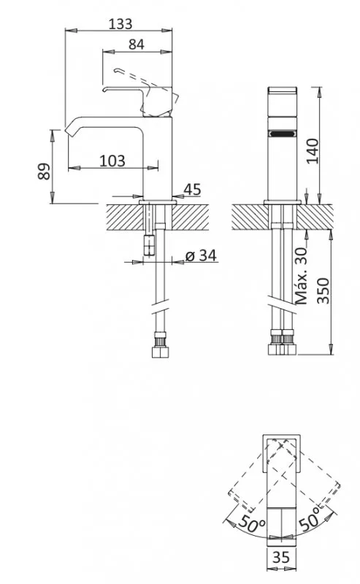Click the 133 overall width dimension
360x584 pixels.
120,24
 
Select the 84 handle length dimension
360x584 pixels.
136,45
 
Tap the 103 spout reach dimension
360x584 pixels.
112,161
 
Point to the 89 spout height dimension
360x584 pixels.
44,171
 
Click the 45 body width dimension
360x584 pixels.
192,189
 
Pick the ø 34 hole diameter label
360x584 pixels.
201,255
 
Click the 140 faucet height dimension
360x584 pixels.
313,151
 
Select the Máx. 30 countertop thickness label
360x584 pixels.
301,276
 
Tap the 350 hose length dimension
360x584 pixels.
323,291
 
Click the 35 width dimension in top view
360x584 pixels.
280,557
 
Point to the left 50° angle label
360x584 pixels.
251,524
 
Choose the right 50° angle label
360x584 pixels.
310,518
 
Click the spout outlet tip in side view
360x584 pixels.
68,131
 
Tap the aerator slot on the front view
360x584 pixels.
282,133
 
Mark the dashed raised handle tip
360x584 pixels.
116,70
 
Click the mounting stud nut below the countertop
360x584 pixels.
149,245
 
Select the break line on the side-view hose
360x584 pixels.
160,306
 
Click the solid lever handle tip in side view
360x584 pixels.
105,90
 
